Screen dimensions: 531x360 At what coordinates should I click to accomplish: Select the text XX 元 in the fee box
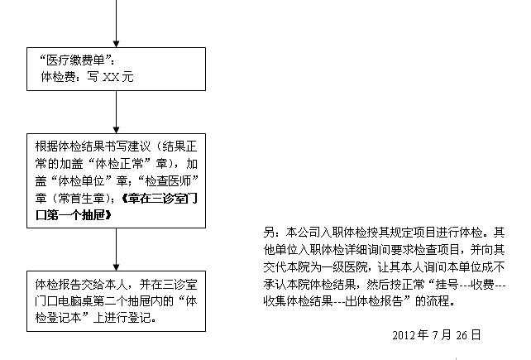click(117, 77)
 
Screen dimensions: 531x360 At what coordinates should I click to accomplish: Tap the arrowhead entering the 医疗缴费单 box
click(116, 44)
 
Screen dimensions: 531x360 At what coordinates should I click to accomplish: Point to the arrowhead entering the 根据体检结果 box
click(116, 130)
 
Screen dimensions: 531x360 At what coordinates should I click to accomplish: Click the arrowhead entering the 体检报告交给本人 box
click(116, 268)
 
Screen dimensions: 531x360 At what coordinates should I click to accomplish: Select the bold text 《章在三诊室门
click(159, 199)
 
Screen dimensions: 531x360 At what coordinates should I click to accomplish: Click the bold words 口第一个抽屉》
click(74, 215)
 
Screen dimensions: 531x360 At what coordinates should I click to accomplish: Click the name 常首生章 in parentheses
click(81, 199)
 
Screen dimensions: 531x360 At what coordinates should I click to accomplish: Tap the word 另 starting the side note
click(269, 233)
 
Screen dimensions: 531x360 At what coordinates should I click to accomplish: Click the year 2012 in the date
click(404, 335)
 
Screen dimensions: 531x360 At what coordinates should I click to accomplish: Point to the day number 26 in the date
click(462, 335)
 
